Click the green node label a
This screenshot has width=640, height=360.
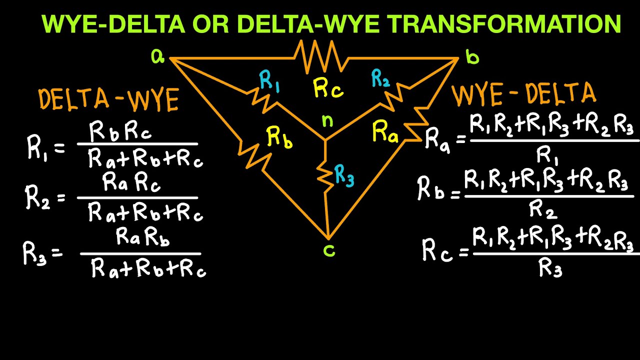click(157, 57)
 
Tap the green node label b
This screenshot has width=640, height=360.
click(472, 57)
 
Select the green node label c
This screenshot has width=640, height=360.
click(328, 250)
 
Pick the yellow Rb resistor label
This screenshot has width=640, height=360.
click(279, 136)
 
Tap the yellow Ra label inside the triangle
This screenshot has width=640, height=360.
click(385, 133)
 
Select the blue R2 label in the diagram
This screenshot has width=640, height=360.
click(380, 79)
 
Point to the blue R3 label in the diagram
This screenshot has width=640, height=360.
click(344, 176)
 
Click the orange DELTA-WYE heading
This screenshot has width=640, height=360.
click(108, 100)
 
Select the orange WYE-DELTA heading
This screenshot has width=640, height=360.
click(524, 94)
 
